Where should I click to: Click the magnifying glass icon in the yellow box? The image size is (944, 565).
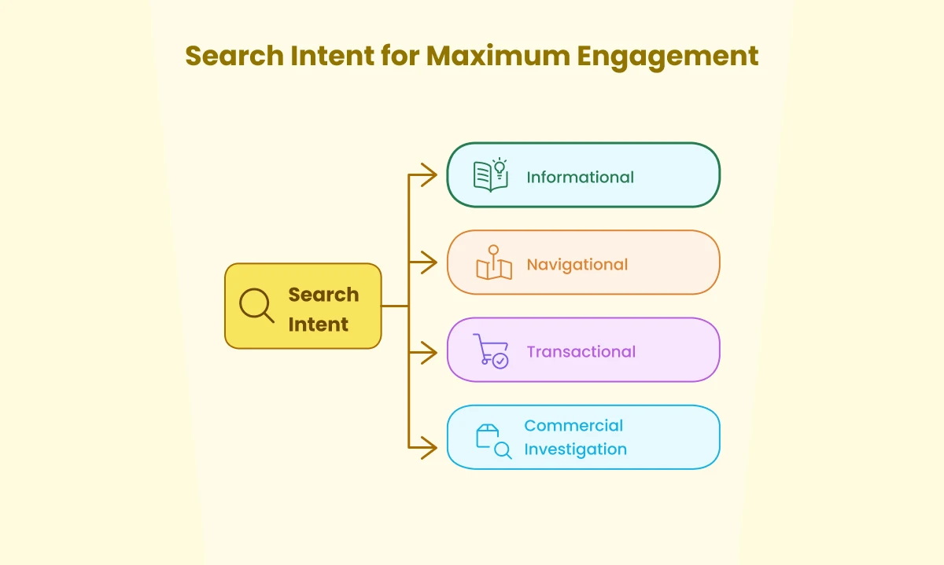click(256, 306)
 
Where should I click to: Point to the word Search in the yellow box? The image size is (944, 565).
click(323, 295)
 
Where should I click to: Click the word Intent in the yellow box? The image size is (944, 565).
click(318, 325)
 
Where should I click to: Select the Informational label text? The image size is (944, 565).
click(580, 177)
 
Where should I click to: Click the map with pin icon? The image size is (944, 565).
click(494, 263)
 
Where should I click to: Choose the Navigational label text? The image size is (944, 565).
click(577, 264)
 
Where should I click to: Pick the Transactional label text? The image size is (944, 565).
click(581, 351)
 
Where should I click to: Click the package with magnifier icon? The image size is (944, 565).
click(493, 441)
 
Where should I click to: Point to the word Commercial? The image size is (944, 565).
click(573, 426)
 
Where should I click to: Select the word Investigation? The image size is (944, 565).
click(575, 449)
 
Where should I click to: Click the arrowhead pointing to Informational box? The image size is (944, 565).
click(429, 174)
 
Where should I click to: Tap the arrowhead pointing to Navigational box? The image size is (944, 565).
click(429, 262)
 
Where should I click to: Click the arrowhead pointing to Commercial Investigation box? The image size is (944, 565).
click(429, 448)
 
